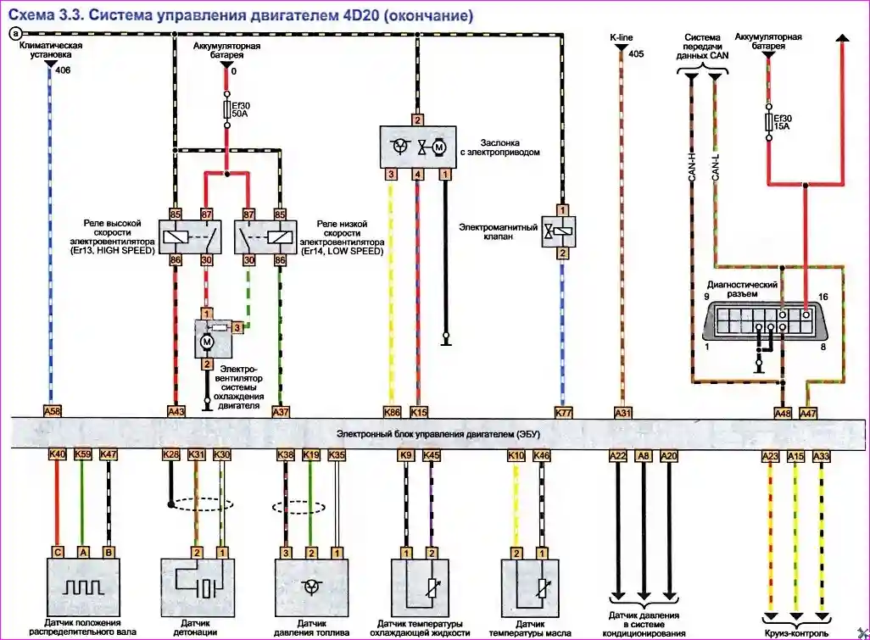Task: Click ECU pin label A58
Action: [x=53, y=412]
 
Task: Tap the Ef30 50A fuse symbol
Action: [x=226, y=109]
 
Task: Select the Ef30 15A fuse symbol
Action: [x=768, y=120]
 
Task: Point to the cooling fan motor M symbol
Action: [x=205, y=342]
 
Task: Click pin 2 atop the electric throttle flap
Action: [x=416, y=120]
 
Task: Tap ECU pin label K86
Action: [x=391, y=412]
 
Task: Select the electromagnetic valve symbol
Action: [x=560, y=231]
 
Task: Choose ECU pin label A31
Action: [x=622, y=412]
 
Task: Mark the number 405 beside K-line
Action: [x=637, y=53]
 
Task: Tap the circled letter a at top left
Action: [x=14, y=33]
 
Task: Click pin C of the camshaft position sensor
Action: [x=57, y=551]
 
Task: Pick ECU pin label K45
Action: [x=432, y=454]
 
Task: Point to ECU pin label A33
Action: [x=820, y=454]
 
